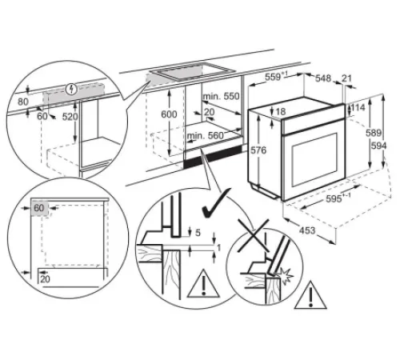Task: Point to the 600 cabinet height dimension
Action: [x=170, y=114]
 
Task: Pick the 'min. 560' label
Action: [x=205, y=138]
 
